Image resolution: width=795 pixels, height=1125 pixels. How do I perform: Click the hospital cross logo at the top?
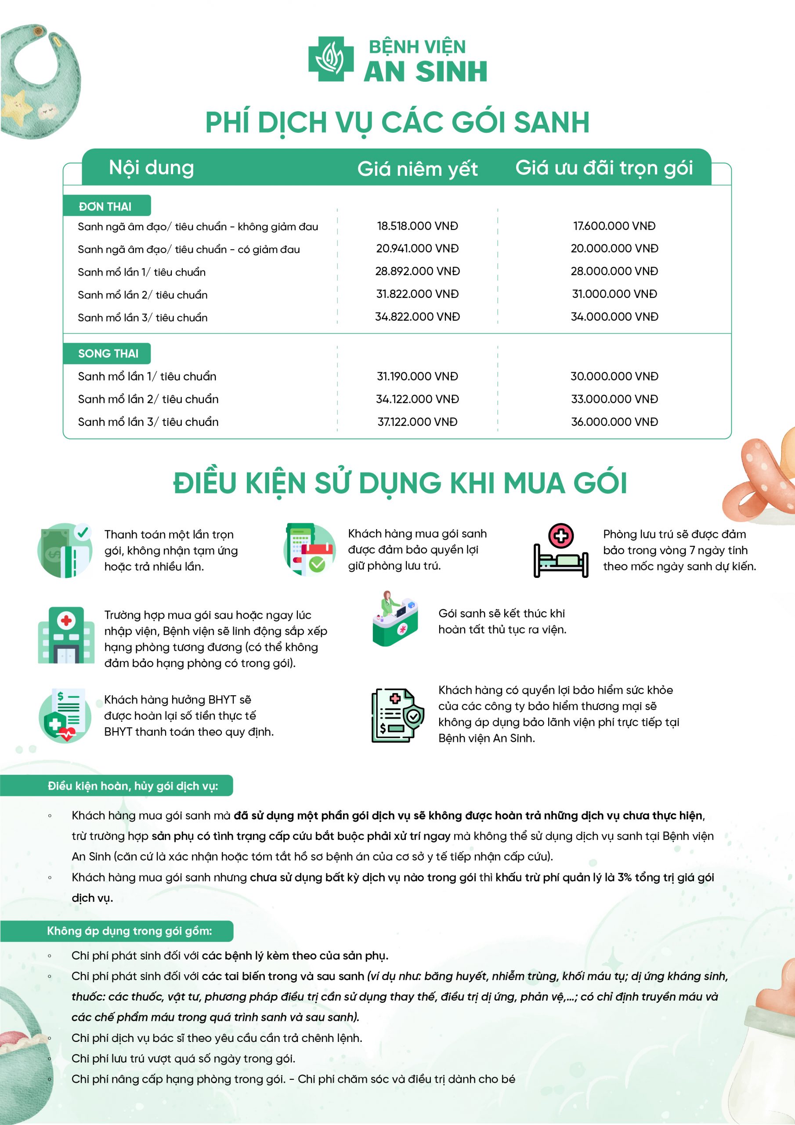[x=331, y=59]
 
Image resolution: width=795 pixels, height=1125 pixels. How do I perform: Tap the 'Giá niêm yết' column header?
[x=417, y=169]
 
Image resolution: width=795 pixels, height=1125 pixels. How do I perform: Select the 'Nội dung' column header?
[x=152, y=167]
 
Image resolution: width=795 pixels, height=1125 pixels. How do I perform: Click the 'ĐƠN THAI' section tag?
[x=105, y=206]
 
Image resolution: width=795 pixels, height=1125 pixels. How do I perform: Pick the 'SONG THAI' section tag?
[x=108, y=353]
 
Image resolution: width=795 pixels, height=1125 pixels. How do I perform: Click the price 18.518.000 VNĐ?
[x=417, y=226]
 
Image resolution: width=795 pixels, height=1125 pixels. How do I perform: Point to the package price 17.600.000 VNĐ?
[x=614, y=226]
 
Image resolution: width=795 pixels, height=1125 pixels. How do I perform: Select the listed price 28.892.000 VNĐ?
[x=417, y=272]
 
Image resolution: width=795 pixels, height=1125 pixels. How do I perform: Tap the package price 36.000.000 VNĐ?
[x=614, y=422]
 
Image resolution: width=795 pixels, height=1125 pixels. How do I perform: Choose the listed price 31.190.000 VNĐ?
[x=417, y=376]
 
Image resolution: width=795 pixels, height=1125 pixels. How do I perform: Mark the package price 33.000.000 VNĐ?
[x=614, y=399]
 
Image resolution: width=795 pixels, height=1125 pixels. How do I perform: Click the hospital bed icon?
[x=560, y=551]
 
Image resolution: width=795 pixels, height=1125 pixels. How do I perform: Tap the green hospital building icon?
[x=66, y=635]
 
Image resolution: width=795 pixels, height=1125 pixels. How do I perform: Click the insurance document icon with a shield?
[x=397, y=716]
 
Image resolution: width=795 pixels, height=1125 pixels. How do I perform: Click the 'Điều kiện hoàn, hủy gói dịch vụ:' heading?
[x=133, y=786]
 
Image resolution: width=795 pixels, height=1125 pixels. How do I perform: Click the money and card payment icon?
[x=65, y=551]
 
